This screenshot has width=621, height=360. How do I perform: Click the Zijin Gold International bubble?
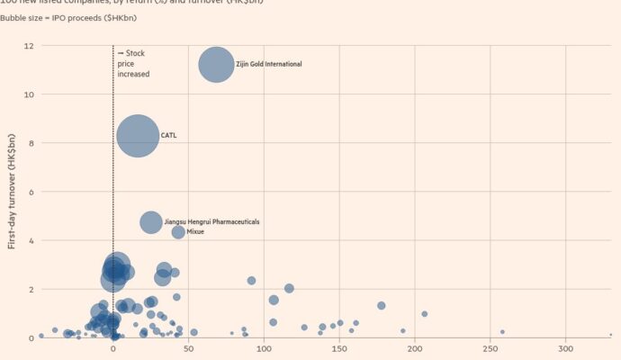pyautogui.click(x=216, y=65)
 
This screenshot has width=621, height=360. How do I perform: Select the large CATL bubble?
pyautogui.click(x=138, y=136)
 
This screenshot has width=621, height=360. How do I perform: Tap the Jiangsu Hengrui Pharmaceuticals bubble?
pyautogui.click(x=151, y=221)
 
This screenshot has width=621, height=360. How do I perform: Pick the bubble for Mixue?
pyautogui.click(x=178, y=232)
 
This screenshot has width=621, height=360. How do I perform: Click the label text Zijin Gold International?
pyautogui.click(x=269, y=64)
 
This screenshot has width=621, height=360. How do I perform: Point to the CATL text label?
pyautogui.click(x=169, y=136)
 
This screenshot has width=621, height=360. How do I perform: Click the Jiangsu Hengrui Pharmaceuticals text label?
pyautogui.click(x=211, y=221)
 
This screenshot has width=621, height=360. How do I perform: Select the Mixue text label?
pyautogui.click(x=195, y=232)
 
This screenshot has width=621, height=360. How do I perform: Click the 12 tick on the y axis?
pyautogui.click(x=29, y=46)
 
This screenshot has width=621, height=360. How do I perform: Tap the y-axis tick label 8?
pyautogui.click(x=31, y=143)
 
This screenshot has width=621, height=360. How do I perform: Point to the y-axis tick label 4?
pyautogui.click(x=31, y=240)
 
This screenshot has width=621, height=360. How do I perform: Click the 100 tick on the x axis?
pyautogui.click(x=264, y=349)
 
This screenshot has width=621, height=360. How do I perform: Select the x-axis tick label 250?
pyautogui.click(x=490, y=349)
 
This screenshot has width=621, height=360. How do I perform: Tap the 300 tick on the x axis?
pyautogui.click(x=566, y=349)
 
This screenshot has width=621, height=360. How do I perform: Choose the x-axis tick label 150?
pyautogui.click(x=339, y=349)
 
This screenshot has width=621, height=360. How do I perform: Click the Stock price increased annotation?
pyautogui.click(x=133, y=64)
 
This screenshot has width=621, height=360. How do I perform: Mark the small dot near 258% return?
pyautogui.click(x=502, y=332)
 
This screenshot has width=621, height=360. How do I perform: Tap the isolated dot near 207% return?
pyautogui.click(x=425, y=314)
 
